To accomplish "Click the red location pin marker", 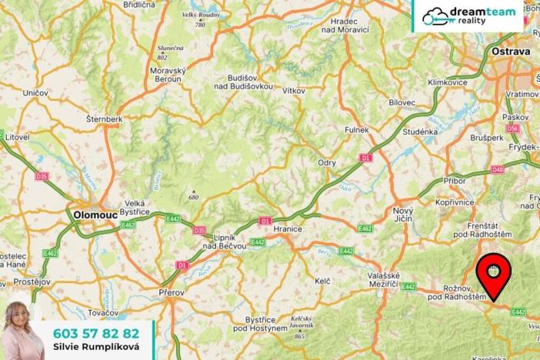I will pyautogui.click(x=492, y=275).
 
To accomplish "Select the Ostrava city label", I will pyautogui.click(x=511, y=52).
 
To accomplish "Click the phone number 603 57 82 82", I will pyautogui.click(x=96, y=333).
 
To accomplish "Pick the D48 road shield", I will pyautogui.click(x=498, y=169).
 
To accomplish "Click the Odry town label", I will pyautogui.click(x=327, y=162).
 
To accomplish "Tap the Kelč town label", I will pyautogui.click(x=322, y=282).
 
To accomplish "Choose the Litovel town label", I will pyautogui.click(x=16, y=136).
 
